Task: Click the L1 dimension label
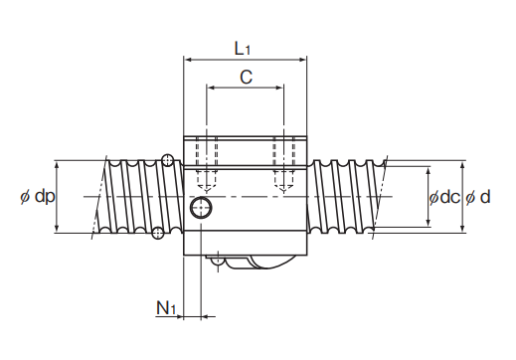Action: click(243, 49)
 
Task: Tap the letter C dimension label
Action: click(246, 77)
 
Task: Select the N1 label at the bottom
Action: click(166, 308)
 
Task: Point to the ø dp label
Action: click(38, 196)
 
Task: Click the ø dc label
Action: click(444, 198)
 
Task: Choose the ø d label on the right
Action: click(478, 198)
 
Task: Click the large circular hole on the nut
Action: click(201, 208)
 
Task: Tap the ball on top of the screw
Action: click(168, 160)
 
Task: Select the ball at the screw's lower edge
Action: click(158, 233)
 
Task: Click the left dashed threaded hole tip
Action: click(207, 191)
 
